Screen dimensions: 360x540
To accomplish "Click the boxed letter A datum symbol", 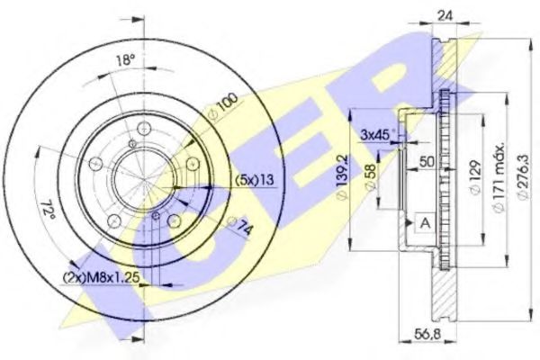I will (x=422, y=220).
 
